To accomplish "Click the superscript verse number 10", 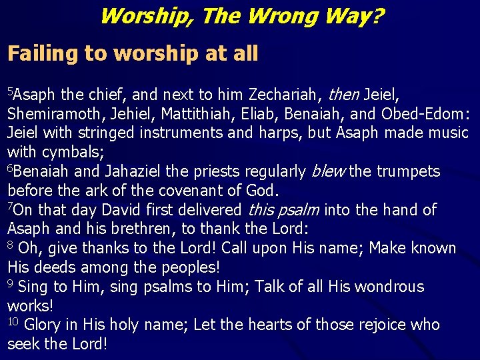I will pos(13,321).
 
